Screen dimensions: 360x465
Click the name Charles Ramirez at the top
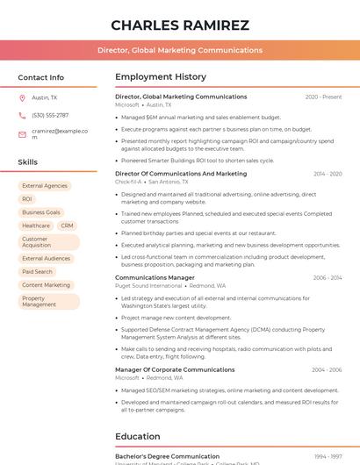(180, 25)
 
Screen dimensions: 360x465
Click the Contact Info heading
(41, 77)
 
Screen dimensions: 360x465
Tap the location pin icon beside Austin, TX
(22, 98)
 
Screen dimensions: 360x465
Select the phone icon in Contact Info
(22, 116)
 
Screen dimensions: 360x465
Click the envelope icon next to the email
(22, 134)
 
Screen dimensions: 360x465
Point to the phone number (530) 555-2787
(50, 116)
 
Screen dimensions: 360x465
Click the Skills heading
(28, 162)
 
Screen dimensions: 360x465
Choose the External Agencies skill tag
(45, 186)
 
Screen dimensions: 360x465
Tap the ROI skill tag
(27, 199)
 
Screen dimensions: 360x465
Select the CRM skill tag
(67, 225)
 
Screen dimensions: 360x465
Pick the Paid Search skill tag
(38, 272)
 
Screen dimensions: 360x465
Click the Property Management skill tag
(40, 301)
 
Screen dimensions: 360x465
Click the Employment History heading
(161, 77)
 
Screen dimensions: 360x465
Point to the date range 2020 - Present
(323, 97)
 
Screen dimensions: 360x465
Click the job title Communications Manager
(155, 277)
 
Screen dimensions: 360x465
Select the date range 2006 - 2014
(327, 277)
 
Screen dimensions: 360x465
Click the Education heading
(138, 436)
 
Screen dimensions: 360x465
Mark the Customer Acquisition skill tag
(40, 241)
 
